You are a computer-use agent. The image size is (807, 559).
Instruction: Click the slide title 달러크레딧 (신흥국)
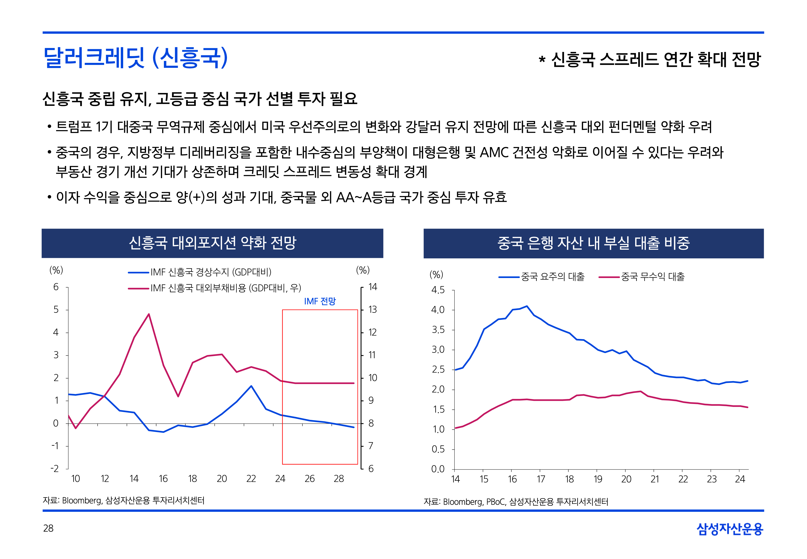click(x=136, y=58)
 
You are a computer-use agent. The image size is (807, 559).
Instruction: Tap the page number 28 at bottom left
click(x=48, y=528)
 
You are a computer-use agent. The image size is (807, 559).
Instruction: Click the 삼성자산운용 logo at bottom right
click(x=730, y=529)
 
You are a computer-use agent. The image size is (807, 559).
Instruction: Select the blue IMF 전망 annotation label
click(x=320, y=301)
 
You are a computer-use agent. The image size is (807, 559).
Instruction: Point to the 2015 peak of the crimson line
click(x=149, y=314)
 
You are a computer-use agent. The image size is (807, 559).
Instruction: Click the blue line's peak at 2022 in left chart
click(x=251, y=386)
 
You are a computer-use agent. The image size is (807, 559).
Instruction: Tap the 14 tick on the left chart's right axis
click(x=373, y=287)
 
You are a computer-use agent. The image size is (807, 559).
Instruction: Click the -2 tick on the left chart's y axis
click(x=55, y=469)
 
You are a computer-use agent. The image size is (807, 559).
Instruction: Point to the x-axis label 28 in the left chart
click(x=339, y=479)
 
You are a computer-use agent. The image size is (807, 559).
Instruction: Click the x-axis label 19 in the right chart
click(x=598, y=479)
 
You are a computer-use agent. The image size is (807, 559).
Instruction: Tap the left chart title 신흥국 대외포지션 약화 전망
click(x=212, y=243)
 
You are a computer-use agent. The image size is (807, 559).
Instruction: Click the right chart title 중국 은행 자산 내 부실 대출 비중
click(x=593, y=243)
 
